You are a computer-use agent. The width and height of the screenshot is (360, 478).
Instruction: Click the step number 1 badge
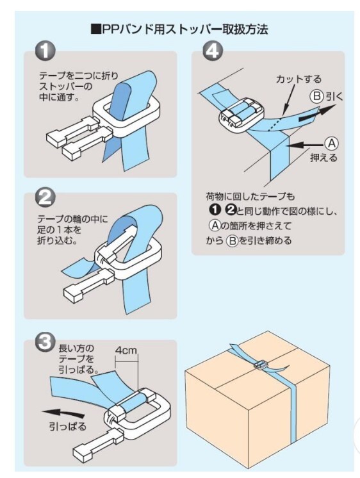point(45,51)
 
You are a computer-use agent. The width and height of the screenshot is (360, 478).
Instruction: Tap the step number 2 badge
point(45,197)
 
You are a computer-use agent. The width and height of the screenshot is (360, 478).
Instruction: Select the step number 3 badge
point(45,342)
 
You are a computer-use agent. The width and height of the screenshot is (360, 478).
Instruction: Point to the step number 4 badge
point(213,51)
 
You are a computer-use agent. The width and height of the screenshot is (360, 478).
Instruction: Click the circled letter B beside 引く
point(316,96)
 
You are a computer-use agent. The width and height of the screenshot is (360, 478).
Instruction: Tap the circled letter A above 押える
point(331,144)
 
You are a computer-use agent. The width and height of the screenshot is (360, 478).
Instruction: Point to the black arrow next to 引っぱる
point(63,413)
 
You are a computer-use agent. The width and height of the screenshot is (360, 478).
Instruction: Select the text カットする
point(299,79)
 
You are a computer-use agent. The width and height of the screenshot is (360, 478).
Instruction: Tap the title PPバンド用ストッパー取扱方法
point(185,29)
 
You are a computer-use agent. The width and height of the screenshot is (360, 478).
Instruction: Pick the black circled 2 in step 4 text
point(231,210)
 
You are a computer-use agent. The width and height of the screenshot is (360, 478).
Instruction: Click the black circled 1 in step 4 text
point(215,210)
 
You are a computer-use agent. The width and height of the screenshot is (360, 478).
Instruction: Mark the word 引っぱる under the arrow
point(68,426)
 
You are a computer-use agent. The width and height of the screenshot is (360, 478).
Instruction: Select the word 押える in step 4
point(323,158)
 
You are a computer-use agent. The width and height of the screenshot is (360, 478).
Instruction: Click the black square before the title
point(96,29)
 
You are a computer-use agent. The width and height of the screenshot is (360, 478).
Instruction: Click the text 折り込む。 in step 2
point(57,240)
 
